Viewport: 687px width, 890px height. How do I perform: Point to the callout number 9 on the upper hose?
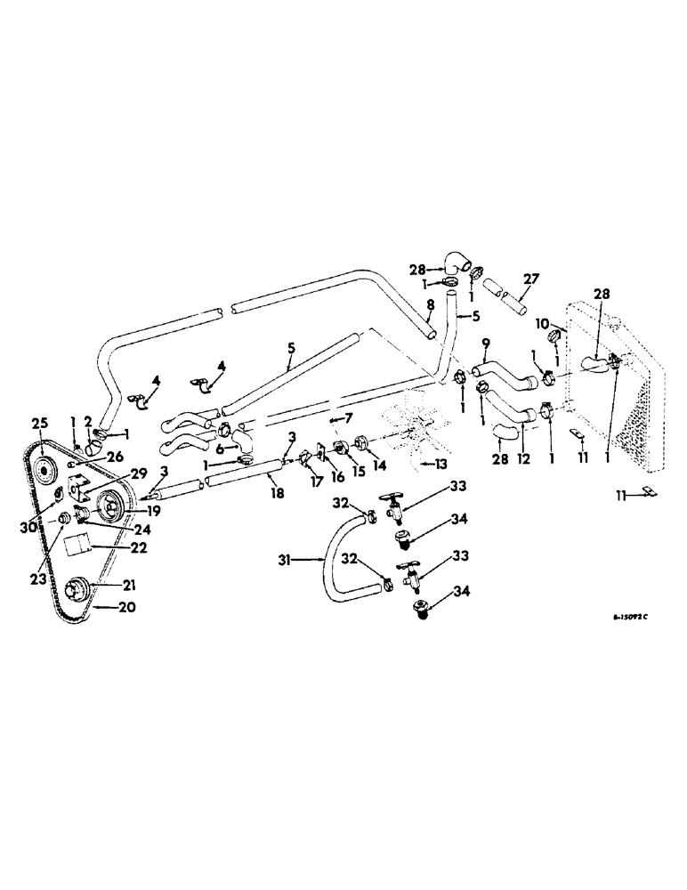coord(485,342)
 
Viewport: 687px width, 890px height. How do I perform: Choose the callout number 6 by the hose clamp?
coord(219,449)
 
